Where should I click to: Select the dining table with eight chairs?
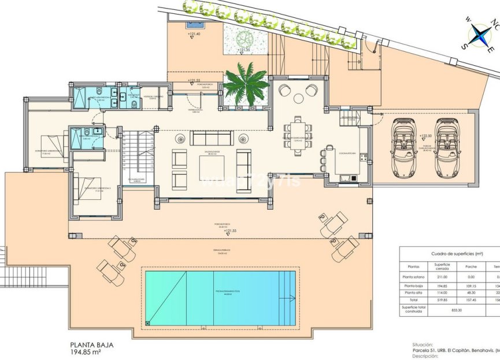click(x=298, y=136)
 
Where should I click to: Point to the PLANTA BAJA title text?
click(x=92, y=344)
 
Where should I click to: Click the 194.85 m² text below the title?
click(x=92, y=351)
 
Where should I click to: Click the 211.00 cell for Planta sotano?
click(x=442, y=276)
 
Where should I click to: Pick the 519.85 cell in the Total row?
click(x=442, y=300)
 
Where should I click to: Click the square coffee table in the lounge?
click(x=212, y=168)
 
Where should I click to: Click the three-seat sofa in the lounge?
click(x=212, y=138)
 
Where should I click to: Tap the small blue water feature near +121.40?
click(x=193, y=25)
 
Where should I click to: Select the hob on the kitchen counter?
click(x=364, y=157)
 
